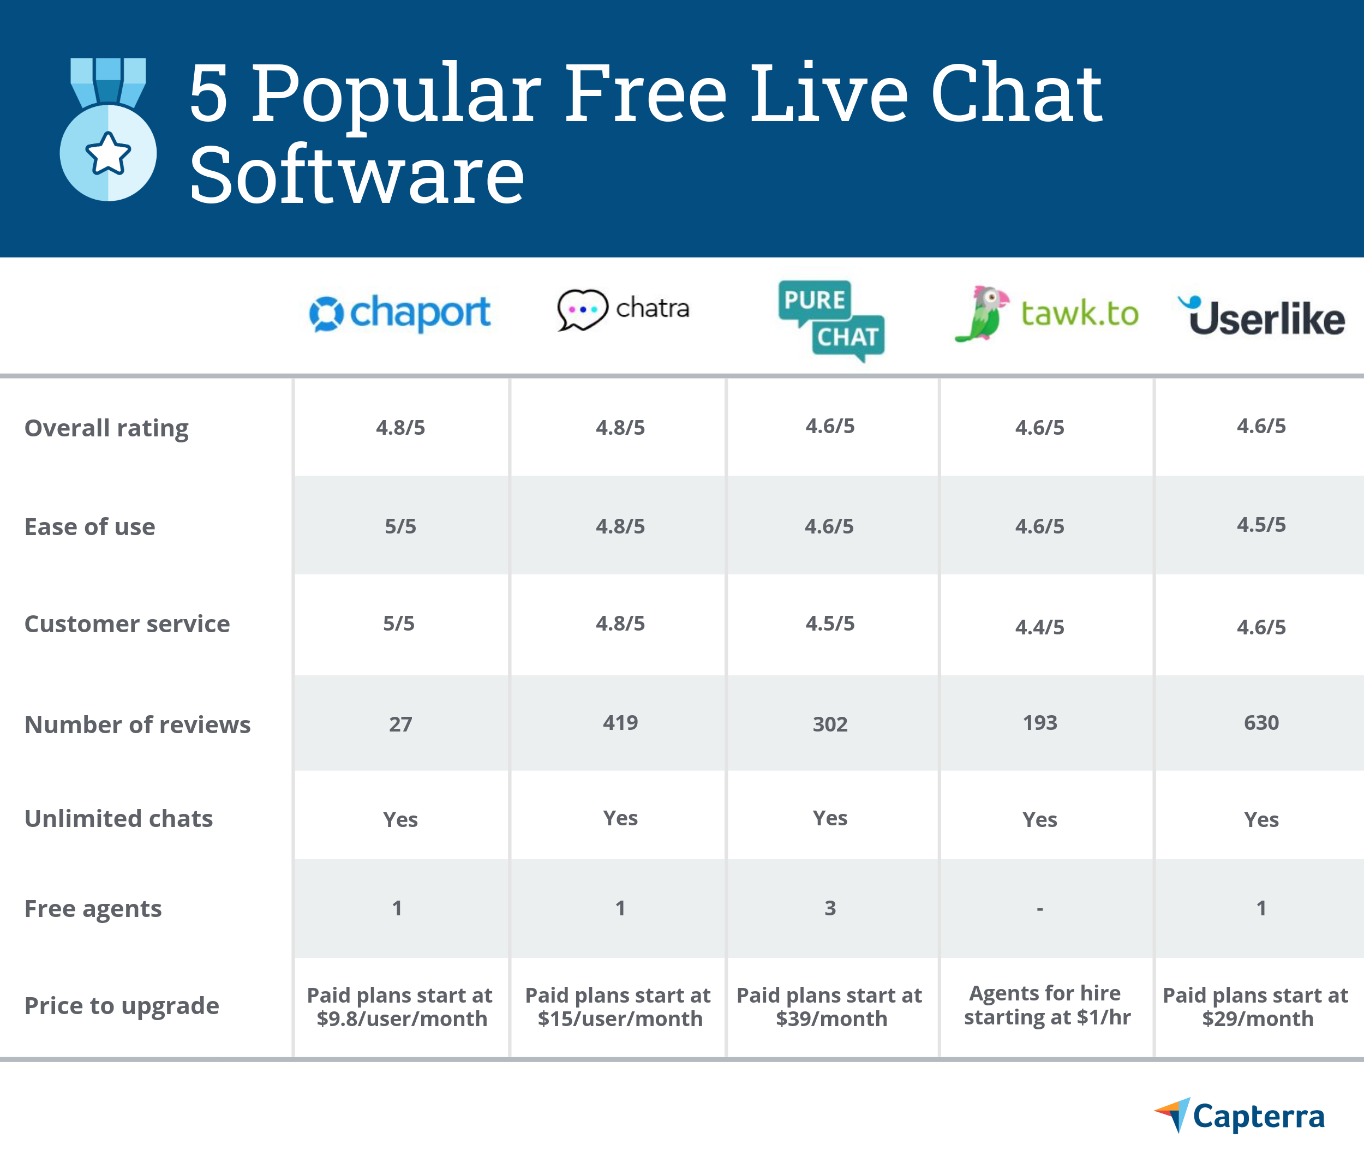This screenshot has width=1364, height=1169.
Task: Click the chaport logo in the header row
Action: point(399,313)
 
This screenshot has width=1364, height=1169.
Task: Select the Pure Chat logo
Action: point(831,321)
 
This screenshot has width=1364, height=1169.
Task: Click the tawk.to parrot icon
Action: point(982,313)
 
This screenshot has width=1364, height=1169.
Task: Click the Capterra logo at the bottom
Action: point(1239,1116)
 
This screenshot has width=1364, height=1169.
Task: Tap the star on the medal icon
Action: point(108,153)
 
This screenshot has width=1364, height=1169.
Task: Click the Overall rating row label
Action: point(106,428)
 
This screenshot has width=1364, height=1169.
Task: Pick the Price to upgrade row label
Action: point(122,1006)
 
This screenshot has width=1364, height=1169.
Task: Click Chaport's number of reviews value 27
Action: point(400,724)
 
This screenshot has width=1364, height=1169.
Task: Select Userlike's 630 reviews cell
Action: point(1261,723)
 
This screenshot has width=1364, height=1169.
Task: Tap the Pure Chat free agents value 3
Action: point(830,908)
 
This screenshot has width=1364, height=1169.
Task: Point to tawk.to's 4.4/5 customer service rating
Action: point(1039,627)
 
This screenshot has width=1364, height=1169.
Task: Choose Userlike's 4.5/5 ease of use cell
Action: point(1261,525)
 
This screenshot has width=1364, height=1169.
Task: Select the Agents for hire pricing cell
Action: point(1046,1005)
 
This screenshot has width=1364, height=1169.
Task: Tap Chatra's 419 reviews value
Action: point(621,723)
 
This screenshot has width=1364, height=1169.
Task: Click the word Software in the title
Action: point(357,175)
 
